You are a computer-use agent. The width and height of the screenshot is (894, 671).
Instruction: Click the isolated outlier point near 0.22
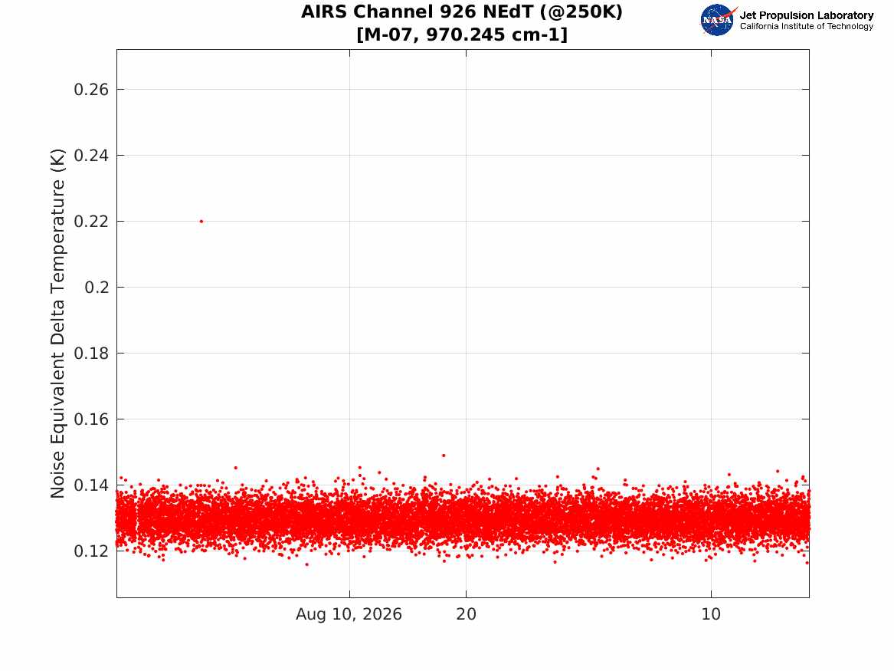click(x=201, y=222)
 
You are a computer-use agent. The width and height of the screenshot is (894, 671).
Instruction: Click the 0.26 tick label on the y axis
click(x=91, y=90)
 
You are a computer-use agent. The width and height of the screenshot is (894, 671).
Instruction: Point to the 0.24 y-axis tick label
click(x=91, y=155)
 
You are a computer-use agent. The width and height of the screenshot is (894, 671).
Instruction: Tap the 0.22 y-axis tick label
click(x=91, y=222)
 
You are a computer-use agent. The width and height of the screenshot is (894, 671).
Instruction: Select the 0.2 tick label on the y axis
click(x=97, y=287)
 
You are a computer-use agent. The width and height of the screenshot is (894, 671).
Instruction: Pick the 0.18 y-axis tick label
click(x=91, y=354)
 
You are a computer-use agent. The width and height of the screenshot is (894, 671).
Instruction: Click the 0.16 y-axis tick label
click(x=91, y=419)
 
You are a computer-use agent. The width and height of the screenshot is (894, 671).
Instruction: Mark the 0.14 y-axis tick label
click(x=91, y=485)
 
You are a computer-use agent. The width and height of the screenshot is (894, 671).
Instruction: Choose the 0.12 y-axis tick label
click(x=91, y=551)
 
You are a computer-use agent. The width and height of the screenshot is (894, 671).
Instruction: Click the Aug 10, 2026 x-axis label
click(x=349, y=614)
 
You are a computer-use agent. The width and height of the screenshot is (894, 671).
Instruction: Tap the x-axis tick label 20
click(x=466, y=614)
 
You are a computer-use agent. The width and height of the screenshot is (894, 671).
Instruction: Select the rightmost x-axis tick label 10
click(x=711, y=614)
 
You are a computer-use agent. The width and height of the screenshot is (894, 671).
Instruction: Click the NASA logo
click(x=718, y=20)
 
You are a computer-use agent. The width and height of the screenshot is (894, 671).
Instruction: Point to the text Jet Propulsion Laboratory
click(x=806, y=15)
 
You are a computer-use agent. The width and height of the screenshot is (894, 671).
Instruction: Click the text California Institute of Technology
click(x=806, y=26)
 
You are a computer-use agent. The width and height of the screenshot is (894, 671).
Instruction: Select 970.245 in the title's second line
click(x=466, y=35)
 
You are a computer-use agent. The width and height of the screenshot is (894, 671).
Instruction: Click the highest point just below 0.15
click(x=444, y=456)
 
